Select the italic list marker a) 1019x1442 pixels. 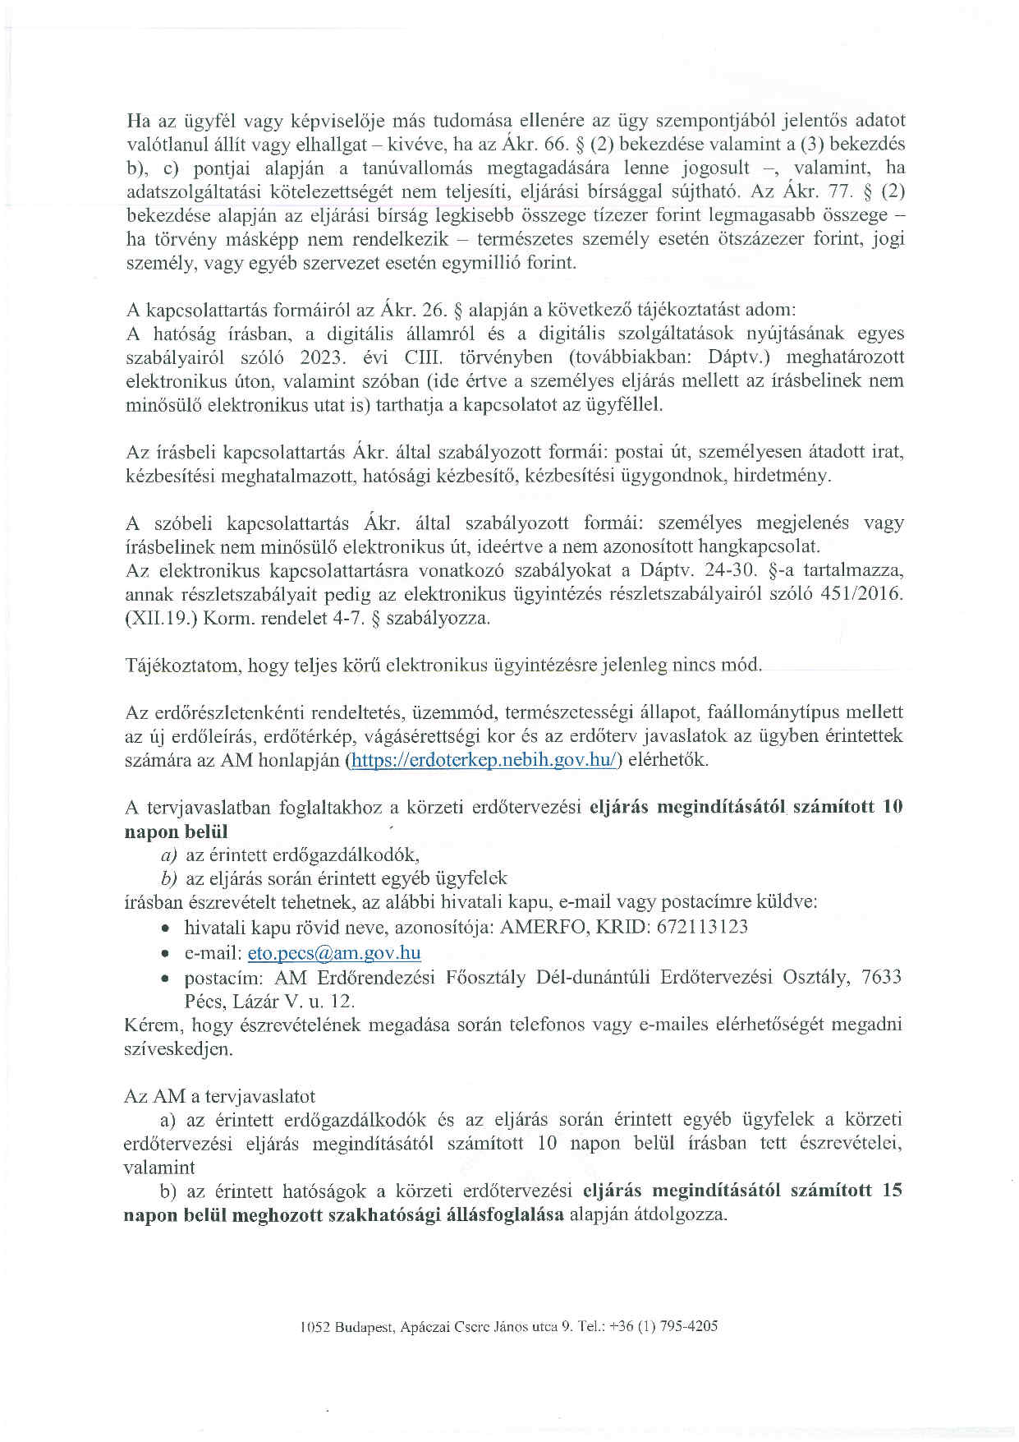coord(169,855)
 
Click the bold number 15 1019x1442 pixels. coord(892,1191)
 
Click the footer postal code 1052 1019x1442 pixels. coord(315,1326)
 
